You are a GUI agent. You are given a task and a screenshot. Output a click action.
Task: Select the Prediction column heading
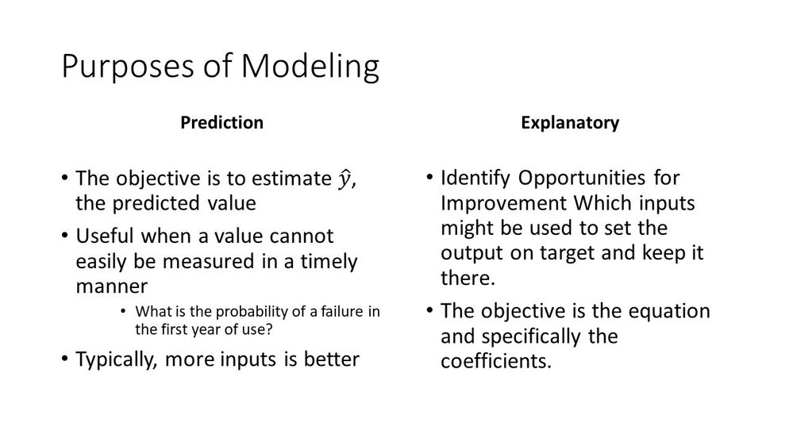point(221,123)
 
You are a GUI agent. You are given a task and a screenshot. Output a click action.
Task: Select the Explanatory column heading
point(570,123)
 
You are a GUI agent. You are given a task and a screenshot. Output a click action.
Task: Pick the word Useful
point(104,236)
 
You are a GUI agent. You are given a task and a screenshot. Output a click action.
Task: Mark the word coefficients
point(495,361)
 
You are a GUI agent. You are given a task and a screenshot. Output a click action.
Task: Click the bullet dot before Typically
point(64,359)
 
